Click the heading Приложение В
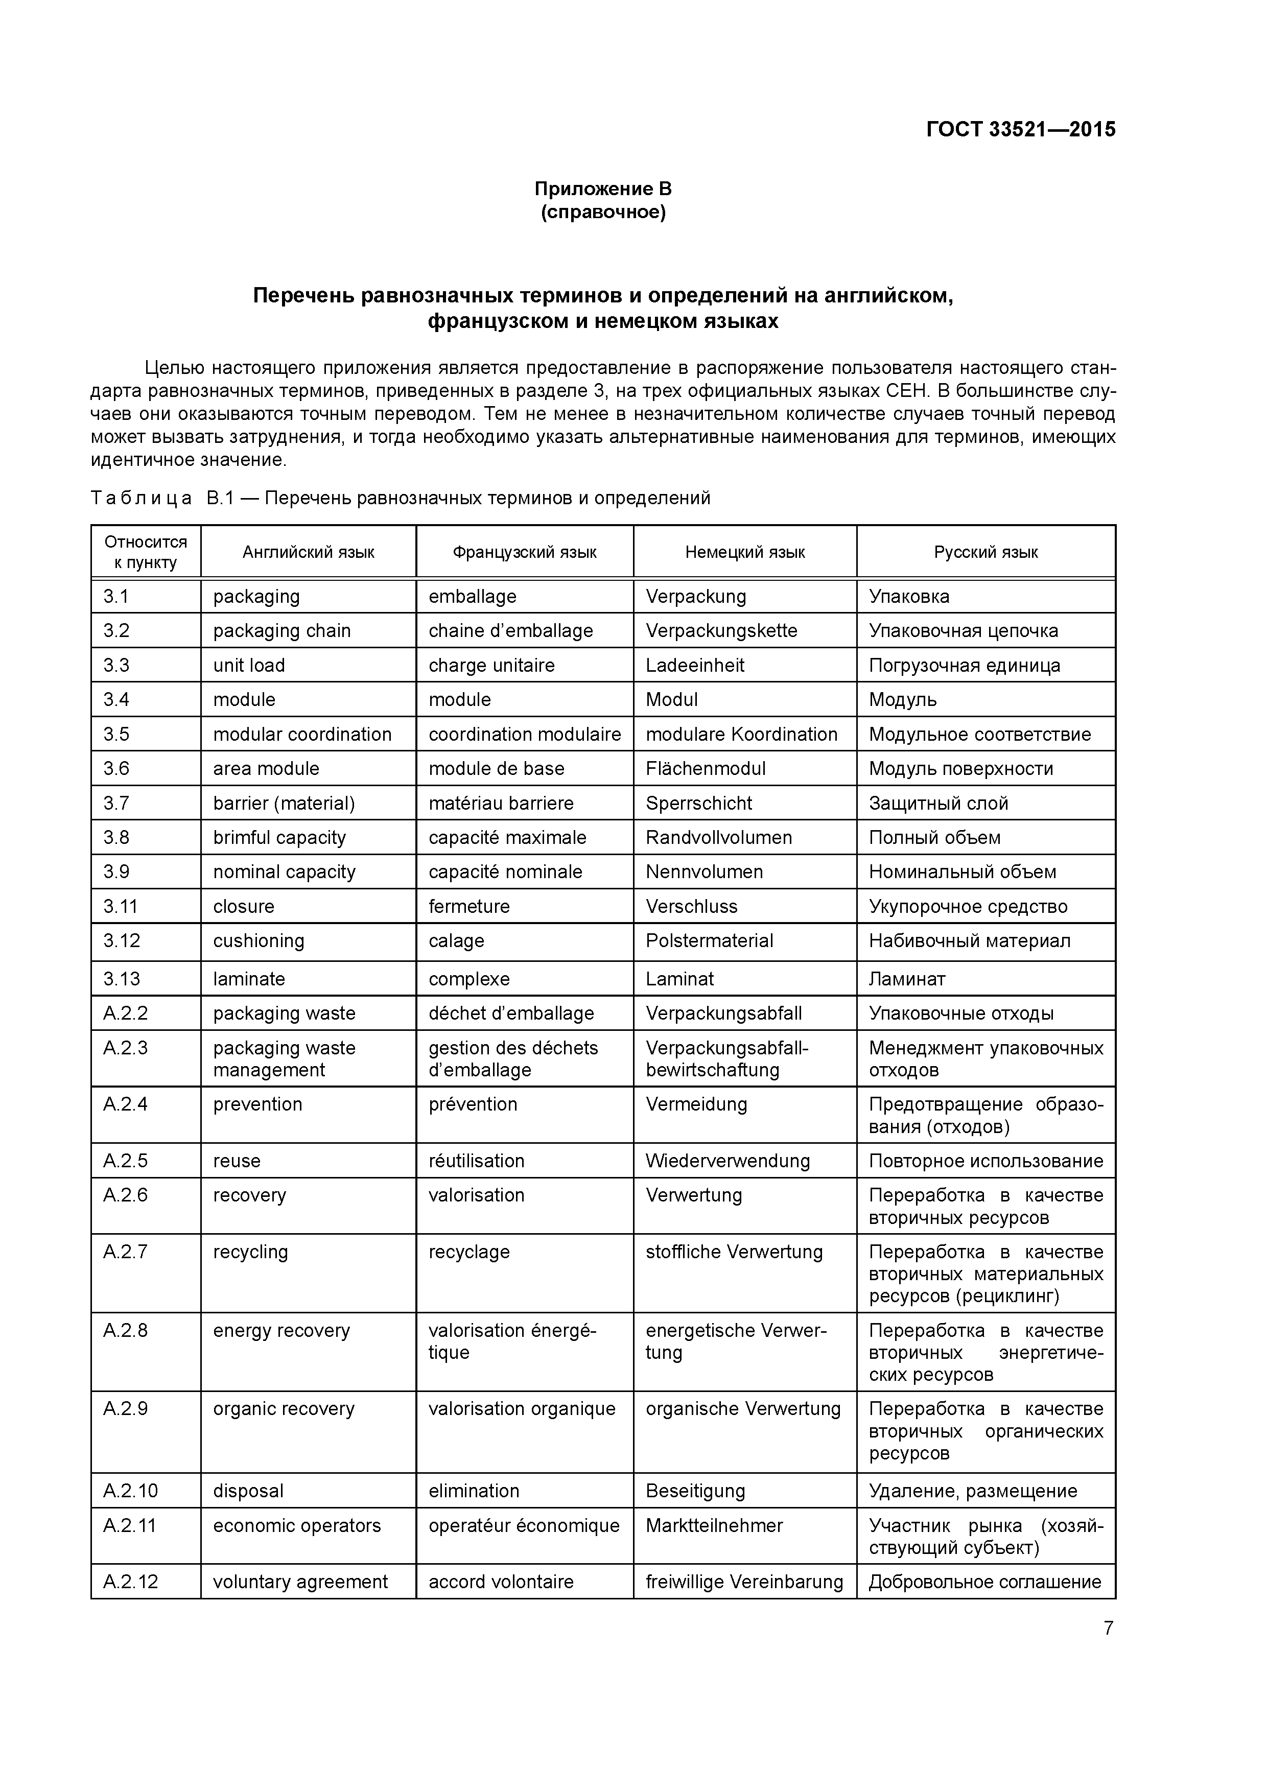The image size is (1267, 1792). pos(603,189)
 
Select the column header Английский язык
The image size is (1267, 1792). pos(309,553)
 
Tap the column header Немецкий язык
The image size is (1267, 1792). pos(745,553)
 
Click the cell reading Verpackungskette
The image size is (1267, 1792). pos(721,631)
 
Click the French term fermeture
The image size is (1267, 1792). pos(469,906)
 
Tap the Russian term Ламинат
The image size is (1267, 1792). pos(907,979)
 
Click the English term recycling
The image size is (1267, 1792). pos(250,1252)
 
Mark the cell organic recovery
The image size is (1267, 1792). pos(284,1409)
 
